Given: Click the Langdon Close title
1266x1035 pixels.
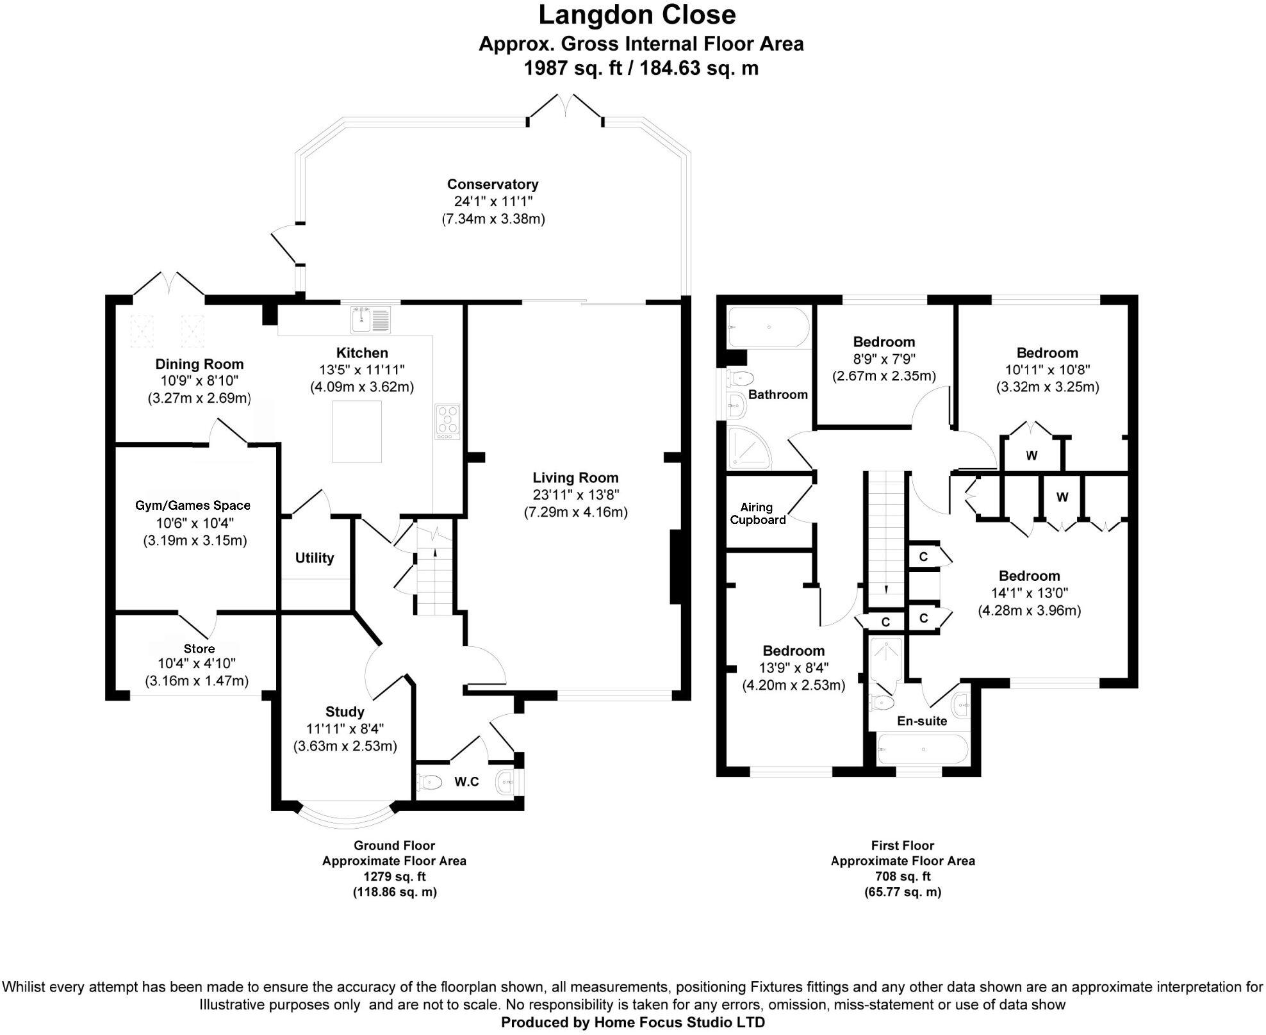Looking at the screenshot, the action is [x=637, y=15].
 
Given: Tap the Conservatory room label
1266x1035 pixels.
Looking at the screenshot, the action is [x=492, y=184].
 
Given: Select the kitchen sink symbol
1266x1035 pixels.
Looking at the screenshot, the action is [x=370, y=319].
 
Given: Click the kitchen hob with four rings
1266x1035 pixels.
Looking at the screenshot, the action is [x=447, y=421].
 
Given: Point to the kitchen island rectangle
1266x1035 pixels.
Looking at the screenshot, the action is [x=357, y=431].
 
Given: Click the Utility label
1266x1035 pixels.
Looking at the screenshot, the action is [x=314, y=558].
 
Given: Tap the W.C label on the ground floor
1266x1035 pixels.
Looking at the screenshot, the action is [x=466, y=781].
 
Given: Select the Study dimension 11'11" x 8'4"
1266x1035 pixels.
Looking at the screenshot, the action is [x=345, y=729].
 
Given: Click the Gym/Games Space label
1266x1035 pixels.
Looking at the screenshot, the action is [x=192, y=505].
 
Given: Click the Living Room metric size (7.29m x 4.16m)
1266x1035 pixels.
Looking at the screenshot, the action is [x=575, y=512].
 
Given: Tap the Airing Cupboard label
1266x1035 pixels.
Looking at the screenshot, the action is [x=757, y=514].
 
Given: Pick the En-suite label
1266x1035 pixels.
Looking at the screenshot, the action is [x=921, y=721].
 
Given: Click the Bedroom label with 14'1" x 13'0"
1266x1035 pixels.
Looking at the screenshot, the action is [x=1029, y=576].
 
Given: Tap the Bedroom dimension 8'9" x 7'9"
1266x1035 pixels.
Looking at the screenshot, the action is [x=884, y=359].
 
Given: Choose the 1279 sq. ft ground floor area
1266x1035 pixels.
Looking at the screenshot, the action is [x=394, y=876].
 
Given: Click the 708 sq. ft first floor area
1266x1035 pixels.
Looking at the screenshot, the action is [x=902, y=876].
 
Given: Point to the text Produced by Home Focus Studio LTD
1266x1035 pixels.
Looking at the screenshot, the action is [x=632, y=1022].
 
